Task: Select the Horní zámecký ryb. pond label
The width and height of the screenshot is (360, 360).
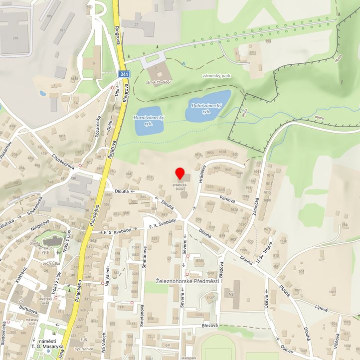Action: (149, 120)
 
